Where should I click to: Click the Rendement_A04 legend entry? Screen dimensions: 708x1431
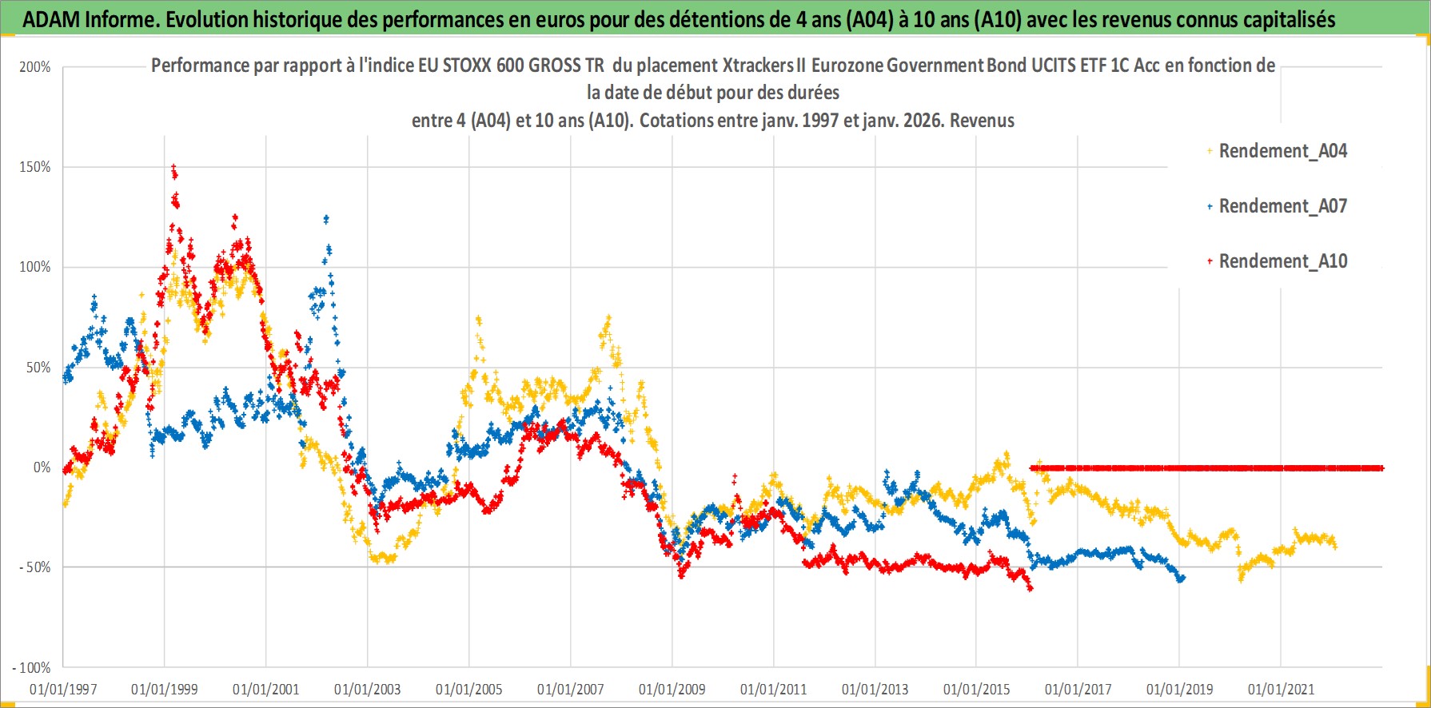1282,151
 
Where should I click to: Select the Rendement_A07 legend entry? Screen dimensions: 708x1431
1282,206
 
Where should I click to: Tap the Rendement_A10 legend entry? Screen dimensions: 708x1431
1282,261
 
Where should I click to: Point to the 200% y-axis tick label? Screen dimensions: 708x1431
35,67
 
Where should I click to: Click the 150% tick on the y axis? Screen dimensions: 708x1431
35,167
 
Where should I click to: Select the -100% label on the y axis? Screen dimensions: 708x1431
31,667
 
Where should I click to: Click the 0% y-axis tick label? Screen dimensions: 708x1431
42,467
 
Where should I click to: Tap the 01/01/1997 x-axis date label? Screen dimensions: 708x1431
63,689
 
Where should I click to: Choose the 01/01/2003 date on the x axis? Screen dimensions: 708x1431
367,689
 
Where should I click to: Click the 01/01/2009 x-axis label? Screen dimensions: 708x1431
672,689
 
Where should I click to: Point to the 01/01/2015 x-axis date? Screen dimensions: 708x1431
976,689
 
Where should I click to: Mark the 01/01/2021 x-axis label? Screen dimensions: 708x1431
1281,689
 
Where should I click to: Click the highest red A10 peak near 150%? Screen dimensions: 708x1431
173,167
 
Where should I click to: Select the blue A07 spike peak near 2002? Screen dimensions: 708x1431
325,218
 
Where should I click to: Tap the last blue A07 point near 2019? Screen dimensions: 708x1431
1182,578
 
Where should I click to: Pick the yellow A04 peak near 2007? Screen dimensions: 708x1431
608,317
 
